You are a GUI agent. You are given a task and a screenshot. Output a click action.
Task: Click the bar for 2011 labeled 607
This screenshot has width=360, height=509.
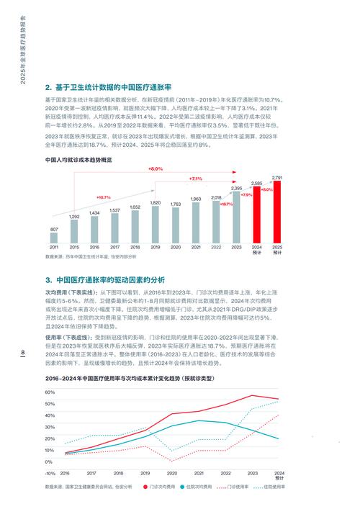(x=54, y=238)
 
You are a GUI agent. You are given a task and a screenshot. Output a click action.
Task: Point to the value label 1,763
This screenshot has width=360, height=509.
(x=176, y=204)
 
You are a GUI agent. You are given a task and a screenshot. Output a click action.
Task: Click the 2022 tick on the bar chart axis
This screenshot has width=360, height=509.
(x=216, y=247)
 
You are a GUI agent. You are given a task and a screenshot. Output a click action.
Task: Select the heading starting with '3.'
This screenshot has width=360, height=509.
(x=104, y=279)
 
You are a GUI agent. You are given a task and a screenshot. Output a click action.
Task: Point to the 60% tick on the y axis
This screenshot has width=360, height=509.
(x=50, y=392)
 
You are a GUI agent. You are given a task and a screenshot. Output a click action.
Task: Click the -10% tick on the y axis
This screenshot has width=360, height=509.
(x=49, y=474)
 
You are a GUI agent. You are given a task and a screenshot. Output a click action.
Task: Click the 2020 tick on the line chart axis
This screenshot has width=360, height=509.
(x=172, y=474)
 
